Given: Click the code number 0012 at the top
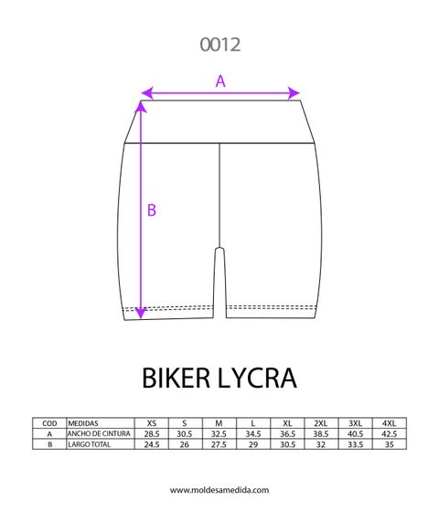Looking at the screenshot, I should click(219, 43).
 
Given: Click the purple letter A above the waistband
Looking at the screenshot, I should click(219, 80).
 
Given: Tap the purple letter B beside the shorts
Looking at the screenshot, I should click(152, 210).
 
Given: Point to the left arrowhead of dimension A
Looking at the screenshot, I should click(145, 92).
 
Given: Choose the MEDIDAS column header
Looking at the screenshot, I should click(82, 423).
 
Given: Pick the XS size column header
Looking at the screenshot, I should click(151, 423).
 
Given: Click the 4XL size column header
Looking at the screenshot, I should click(389, 423).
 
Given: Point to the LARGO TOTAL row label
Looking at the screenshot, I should click(89, 444).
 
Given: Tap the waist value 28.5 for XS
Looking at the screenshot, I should click(151, 433).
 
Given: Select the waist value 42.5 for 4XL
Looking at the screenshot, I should click(389, 433).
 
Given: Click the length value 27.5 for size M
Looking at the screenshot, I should click(219, 444).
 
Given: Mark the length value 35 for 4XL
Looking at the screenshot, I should click(389, 444).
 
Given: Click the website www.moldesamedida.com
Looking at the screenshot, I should click(219, 490).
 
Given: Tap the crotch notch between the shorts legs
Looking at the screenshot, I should click(219, 249).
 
